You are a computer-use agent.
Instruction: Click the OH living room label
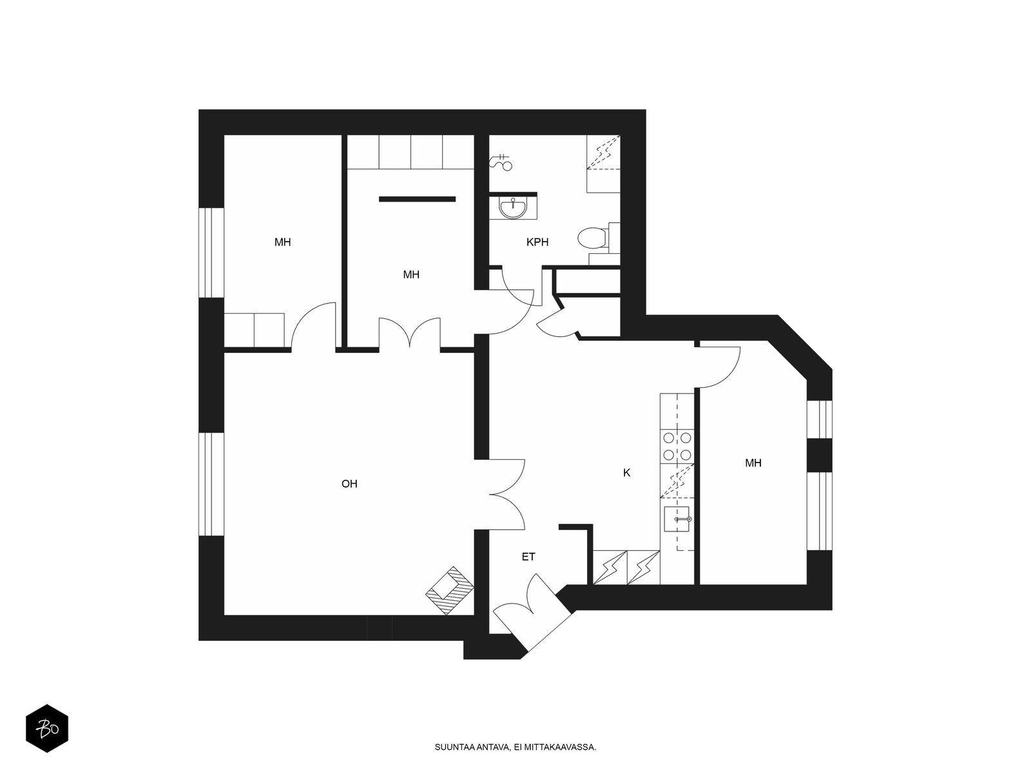349,483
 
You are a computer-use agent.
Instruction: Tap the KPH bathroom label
537,242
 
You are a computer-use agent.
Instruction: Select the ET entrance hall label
528,557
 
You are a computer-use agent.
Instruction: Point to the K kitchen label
626,473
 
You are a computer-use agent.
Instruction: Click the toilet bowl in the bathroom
592,238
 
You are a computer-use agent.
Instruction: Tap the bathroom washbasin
513,208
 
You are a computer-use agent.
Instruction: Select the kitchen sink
677,519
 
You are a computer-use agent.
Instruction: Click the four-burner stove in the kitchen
677,446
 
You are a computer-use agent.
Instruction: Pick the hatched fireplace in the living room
450,591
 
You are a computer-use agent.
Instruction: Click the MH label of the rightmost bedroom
753,463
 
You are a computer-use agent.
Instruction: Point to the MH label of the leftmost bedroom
282,242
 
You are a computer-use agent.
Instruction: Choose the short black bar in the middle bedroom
417,199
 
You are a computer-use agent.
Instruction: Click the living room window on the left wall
211,484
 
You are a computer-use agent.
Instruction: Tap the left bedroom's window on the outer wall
211,253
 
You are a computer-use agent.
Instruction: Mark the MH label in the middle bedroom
411,274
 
